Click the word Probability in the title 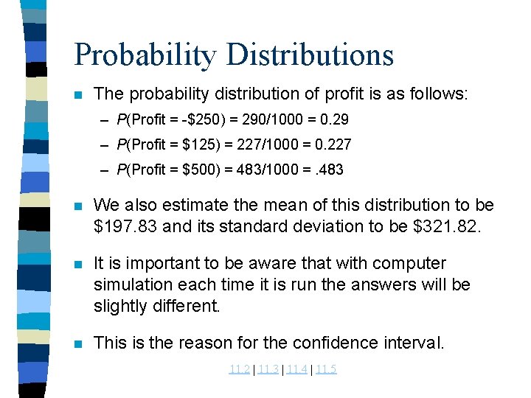point(145,55)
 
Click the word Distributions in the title point(310,55)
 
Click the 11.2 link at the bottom point(239,369)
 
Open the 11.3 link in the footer point(268,369)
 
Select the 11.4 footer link point(296,369)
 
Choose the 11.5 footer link point(325,369)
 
